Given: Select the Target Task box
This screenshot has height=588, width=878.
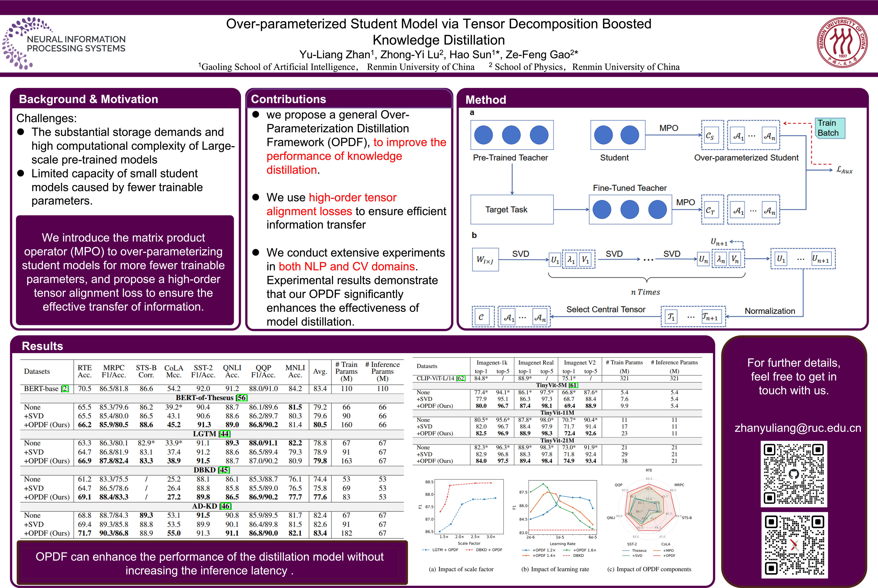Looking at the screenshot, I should [x=512, y=209].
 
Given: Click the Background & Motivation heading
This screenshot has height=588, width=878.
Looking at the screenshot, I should [x=88, y=99].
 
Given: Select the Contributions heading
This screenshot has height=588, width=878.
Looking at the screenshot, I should [x=288, y=99].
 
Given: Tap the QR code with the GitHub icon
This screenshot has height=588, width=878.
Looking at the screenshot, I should [x=794, y=474].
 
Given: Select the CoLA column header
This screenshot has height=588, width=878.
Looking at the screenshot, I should [x=174, y=371].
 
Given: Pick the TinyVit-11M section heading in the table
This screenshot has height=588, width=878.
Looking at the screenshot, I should [x=557, y=413].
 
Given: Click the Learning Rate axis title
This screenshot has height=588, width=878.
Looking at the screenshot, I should [x=562, y=543].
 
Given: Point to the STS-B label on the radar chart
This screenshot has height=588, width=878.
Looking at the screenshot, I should [x=686, y=518].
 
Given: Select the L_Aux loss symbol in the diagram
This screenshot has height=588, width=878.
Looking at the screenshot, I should [x=844, y=170].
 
